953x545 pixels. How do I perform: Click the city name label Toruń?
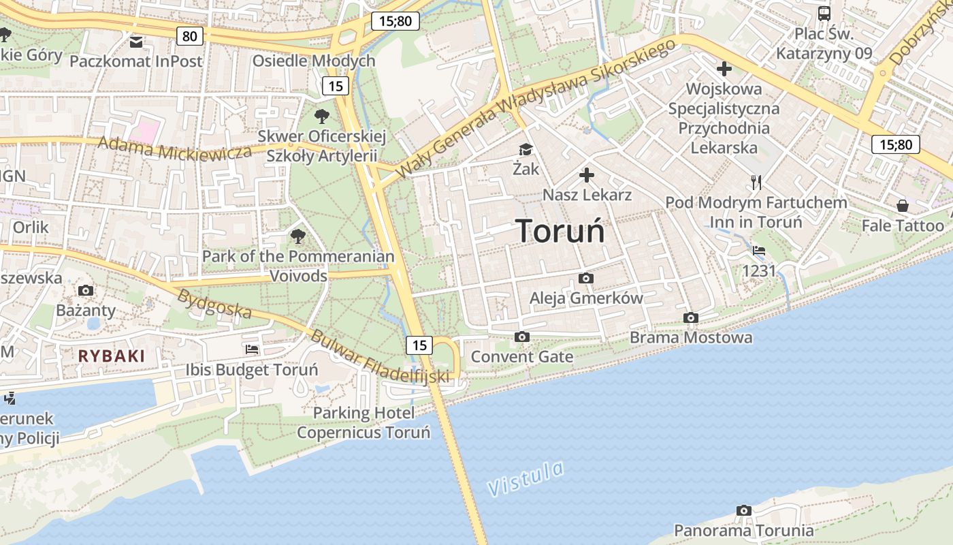pyautogui.click(x=560, y=231)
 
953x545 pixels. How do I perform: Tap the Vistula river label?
pyautogui.click(x=526, y=478)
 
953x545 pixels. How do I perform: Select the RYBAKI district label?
pyautogui.click(x=112, y=356)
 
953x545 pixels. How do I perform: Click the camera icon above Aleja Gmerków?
pyautogui.click(x=585, y=278)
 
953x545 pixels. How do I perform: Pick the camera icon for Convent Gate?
pyautogui.click(x=522, y=337)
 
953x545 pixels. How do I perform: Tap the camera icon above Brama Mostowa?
pyautogui.click(x=691, y=318)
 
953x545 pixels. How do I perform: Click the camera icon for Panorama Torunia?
pyautogui.click(x=744, y=510)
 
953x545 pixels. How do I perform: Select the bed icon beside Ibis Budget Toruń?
pyautogui.click(x=252, y=349)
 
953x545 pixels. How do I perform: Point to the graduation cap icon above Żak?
pyautogui.click(x=526, y=149)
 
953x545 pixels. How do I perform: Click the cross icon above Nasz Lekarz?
pyautogui.click(x=587, y=176)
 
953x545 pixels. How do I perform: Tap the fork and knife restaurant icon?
pyautogui.click(x=756, y=182)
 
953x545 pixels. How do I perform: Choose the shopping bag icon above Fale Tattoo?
pyautogui.click(x=903, y=205)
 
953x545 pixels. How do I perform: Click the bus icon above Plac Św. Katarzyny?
pyautogui.click(x=824, y=13)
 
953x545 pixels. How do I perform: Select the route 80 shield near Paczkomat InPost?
pyautogui.click(x=189, y=35)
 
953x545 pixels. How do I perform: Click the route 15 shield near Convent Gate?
pyautogui.click(x=419, y=345)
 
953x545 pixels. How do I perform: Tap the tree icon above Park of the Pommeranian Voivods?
pyautogui.click(x=297, y=236)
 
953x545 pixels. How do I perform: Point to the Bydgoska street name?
pyautogui.click(x=215, y=304)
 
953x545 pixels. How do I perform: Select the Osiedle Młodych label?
pyautogui.click(x=314, y=61)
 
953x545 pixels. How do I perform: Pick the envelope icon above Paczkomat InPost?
pyautogui.click(x=136, y=42)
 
